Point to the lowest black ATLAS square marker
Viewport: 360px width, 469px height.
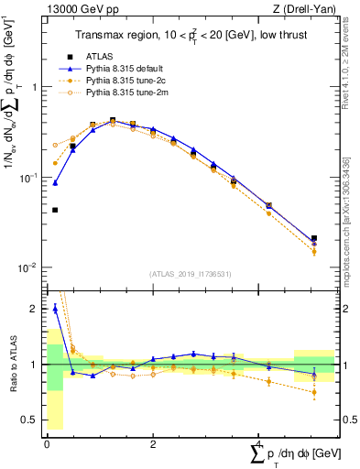point(55,210)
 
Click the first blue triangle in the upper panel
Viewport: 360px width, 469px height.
point(55,182)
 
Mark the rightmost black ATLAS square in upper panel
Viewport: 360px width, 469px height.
point(314,238)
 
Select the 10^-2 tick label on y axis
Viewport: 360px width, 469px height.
point(27,267)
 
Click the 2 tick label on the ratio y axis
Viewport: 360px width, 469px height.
point(34,310)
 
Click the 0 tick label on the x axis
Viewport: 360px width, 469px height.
point(47,445)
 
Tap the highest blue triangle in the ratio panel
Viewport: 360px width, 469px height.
point(55,309)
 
